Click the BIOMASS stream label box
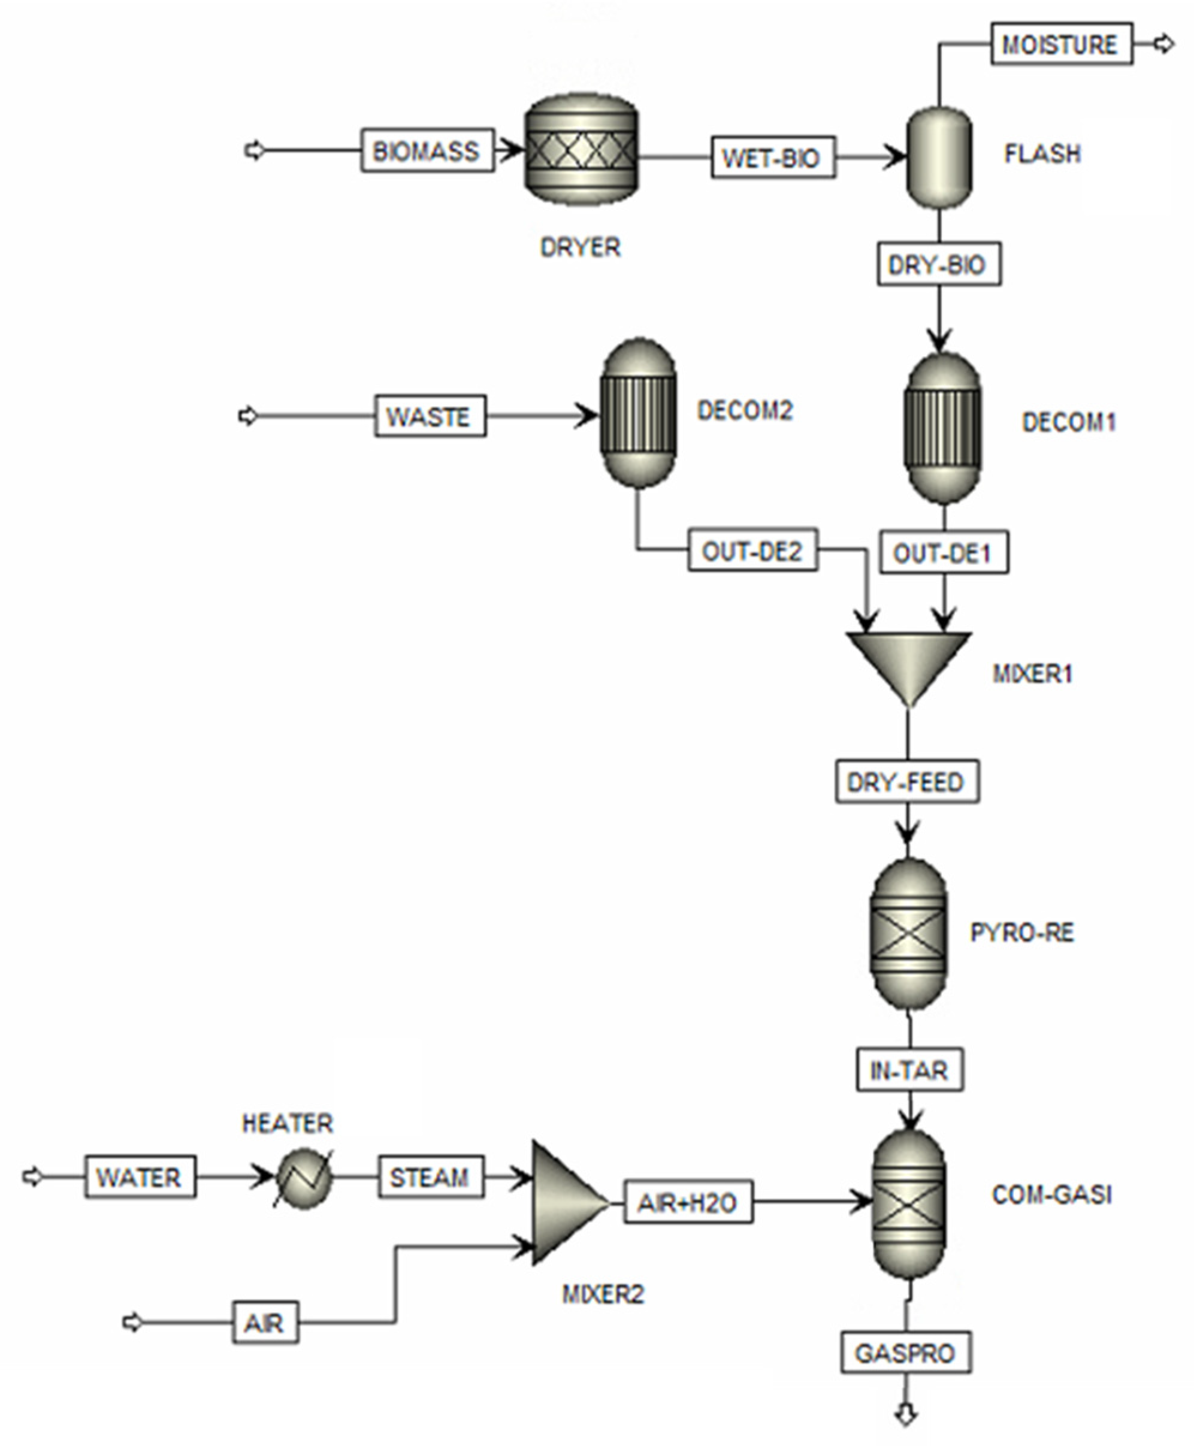(x=427, y=150)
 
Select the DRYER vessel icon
(x=581, y=150)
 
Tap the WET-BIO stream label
(x=773, y=158)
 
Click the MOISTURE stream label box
(x=1060, y=45)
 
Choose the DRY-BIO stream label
(x=939, y=265)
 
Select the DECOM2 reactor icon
(x=639, y=413)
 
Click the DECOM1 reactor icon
(x=942, y=429)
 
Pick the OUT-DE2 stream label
(x=752, y=550)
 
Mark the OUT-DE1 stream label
(x=944, y=552)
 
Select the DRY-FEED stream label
(x=907, y=782)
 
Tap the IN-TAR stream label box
(x=909, y=1070)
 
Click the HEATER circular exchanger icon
(x=303, y=1178)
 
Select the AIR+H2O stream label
(x=688, y=1202)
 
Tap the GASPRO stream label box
(x=905, y=1353)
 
